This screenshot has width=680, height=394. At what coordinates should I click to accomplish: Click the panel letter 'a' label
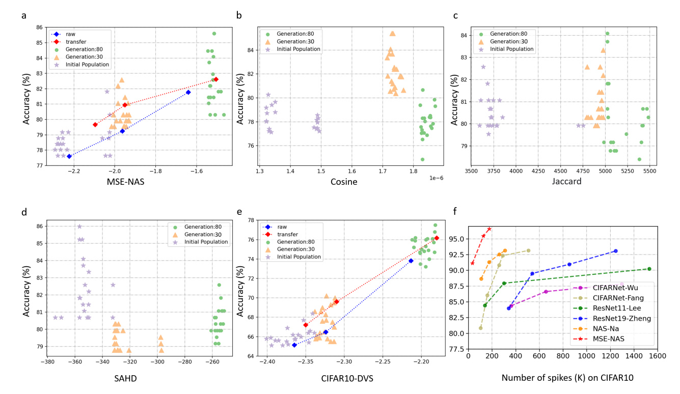click(x=24, y=15)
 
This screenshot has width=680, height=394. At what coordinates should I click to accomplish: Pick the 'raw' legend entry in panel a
click(x=71, y=34)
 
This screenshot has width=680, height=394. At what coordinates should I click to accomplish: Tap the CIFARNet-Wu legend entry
click(x=615, y=288)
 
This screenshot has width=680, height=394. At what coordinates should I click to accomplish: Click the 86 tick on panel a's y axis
click(x=39, y=27)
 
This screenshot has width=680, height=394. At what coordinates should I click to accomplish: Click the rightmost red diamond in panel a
click(x=216, y=79)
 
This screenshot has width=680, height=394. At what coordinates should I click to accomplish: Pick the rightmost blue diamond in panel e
click(x=411, y=261)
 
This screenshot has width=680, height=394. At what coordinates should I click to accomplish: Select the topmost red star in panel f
click(x=489, y=229)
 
